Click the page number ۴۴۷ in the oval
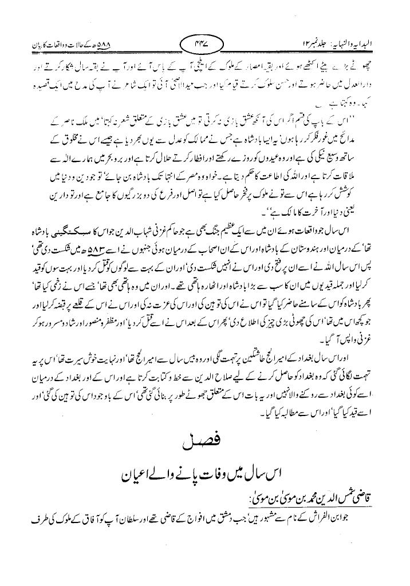coord(204,44)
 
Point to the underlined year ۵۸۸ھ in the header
coord(94,44)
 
